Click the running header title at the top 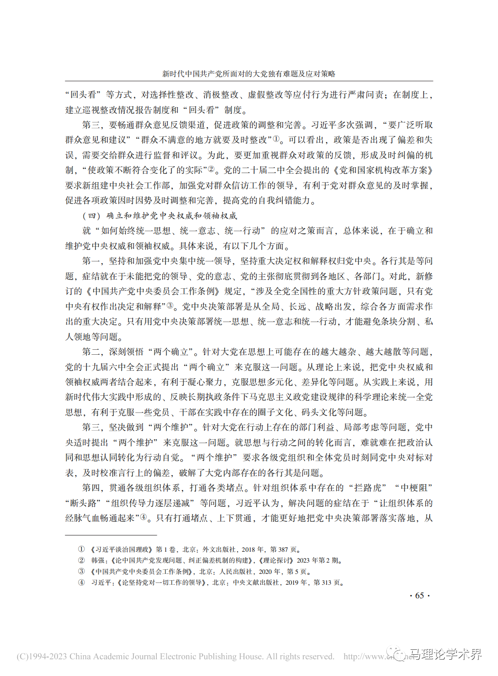click(x=249, y=74)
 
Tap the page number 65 click(x=419, y=596)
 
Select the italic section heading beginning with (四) click(x=160, y=216)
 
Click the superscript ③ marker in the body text click(x=170, y=305)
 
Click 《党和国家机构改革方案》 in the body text click(x=383, y=170)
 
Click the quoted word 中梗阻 click(x=416, y=488)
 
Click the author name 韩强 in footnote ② click(x=98, y=560)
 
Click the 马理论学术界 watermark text click(x=445, y=654)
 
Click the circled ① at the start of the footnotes click(x=81, y=549)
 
